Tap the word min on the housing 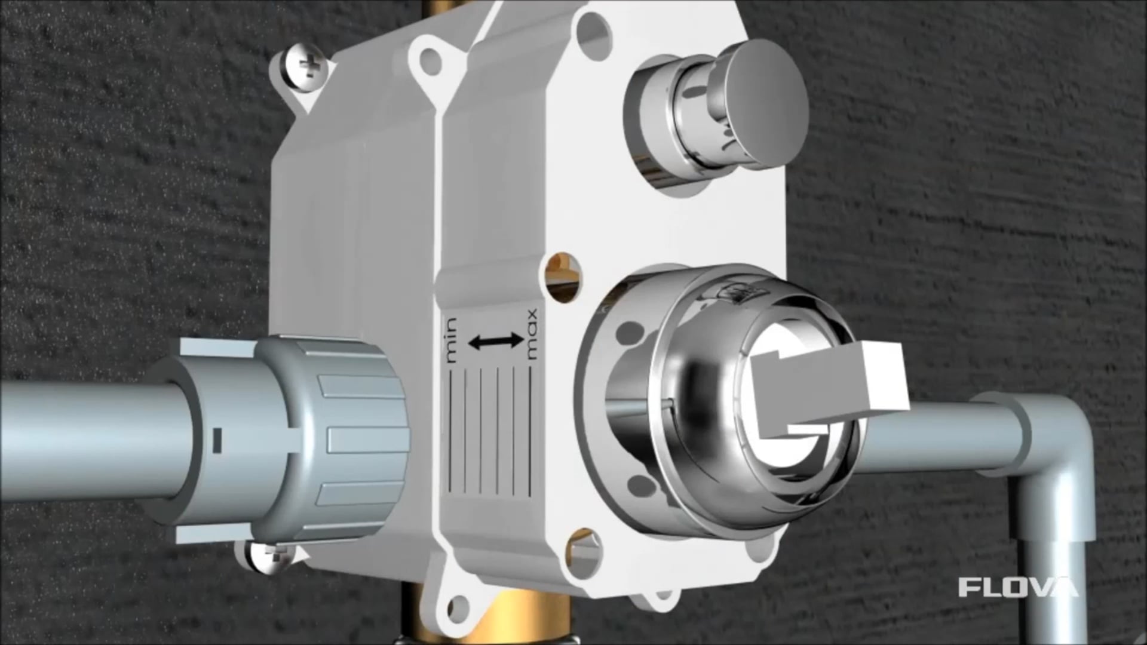pos(451,341)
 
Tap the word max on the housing pos(530,334)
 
